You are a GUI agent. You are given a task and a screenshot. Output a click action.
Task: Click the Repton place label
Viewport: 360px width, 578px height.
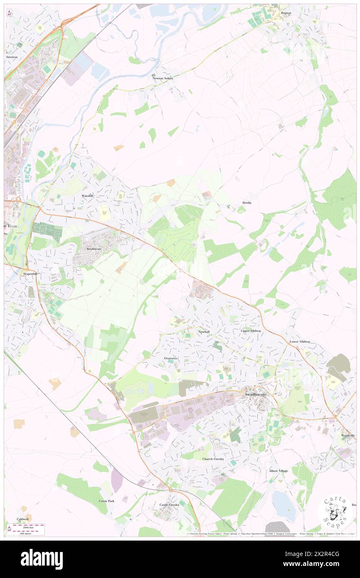click(x=286, y=13)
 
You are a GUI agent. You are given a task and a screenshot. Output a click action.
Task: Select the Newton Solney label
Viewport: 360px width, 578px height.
click(x=163, y=78)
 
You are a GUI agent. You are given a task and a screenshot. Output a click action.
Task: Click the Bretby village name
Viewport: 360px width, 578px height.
click(x=247, y=203)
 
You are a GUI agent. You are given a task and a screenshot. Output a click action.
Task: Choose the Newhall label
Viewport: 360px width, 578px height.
click(x=204, y=332)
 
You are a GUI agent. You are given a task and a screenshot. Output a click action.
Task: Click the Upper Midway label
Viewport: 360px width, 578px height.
click(x=251, y=331)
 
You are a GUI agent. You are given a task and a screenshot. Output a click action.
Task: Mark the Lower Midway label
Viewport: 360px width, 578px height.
click(x=300, y=341)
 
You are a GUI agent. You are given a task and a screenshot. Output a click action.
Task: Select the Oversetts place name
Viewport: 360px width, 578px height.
click(x=171, y=358)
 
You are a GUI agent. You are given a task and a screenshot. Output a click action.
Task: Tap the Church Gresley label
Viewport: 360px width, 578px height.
click(x=213, y=459)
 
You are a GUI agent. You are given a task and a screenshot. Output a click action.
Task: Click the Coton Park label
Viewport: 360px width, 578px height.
click(x=106, y=501)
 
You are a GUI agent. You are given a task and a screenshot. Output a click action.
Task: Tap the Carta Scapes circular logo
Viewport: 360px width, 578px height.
click(x=335, y=511)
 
